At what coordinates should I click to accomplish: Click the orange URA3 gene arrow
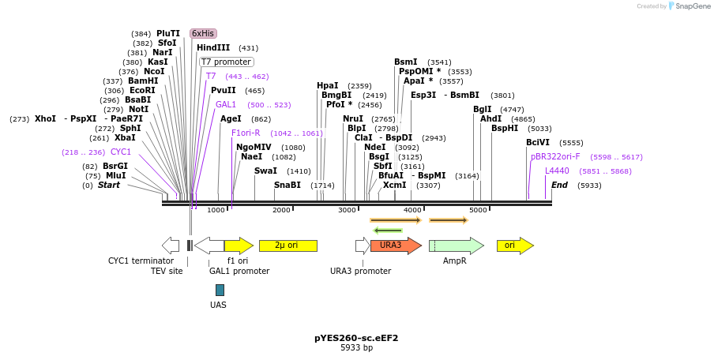(396, 246)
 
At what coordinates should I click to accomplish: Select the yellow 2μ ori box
(288, 246)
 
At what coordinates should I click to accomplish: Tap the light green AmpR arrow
(457, 246)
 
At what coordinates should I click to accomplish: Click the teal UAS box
(220, 290)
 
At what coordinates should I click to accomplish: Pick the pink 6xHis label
(203, 33)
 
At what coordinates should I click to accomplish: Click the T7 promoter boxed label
(227, 62)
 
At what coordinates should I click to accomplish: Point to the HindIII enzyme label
(213, 47)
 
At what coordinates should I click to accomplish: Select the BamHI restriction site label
(143, 81)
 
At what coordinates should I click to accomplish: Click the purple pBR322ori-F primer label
(555, 156)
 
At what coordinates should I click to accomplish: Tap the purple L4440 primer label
(557, 171)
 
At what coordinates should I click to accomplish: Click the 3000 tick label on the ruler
(347, 210)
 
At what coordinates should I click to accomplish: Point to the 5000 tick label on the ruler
(478, 210)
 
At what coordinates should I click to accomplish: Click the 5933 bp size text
(356, 347)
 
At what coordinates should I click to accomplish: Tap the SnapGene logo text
(693, 6)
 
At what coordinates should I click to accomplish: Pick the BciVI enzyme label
(538, 142)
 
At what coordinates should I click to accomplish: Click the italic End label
(560, 185)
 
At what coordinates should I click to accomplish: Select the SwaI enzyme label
(265, 171)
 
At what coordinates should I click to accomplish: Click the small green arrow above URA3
(388, 231)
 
